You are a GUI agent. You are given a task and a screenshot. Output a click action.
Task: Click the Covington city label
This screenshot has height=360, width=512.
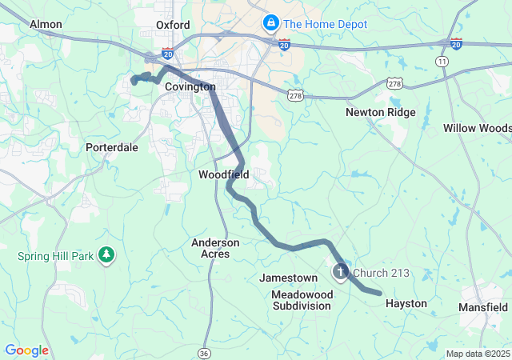point(190,86)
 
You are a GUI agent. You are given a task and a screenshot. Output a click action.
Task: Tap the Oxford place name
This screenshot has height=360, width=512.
point(173,25)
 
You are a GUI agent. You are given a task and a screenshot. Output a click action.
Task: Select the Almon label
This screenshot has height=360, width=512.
point(46,24)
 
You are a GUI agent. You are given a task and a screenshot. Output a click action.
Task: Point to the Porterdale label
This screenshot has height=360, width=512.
point(112,147)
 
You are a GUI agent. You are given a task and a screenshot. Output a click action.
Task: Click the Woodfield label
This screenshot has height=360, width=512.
point(224,174)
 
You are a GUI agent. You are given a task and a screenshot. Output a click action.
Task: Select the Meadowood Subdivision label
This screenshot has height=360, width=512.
point(302,300)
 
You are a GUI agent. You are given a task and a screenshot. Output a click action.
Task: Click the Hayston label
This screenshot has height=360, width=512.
point(406,304)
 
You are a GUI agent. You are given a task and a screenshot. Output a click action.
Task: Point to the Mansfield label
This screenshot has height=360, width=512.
point(483,307)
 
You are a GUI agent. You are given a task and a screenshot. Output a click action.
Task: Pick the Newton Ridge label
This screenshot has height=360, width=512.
point(381,112)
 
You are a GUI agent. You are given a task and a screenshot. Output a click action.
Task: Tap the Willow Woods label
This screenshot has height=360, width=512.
point(477,128)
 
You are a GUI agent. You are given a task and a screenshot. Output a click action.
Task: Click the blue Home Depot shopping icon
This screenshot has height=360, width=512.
point(270,23)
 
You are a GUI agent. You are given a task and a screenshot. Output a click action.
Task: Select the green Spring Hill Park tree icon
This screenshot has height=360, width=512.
point(106,256)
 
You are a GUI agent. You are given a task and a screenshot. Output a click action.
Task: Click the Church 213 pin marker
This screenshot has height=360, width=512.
point(340,273)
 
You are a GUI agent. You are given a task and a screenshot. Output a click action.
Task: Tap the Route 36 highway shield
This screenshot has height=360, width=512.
point(205,353)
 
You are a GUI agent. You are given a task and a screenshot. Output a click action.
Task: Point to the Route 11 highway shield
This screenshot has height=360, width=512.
point(442,61)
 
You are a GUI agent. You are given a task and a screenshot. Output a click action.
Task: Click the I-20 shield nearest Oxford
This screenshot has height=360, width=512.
point(167,53)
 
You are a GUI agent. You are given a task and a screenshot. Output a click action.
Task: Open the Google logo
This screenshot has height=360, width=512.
point(26,350)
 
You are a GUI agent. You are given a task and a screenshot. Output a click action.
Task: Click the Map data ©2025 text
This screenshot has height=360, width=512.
point(477,354)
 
